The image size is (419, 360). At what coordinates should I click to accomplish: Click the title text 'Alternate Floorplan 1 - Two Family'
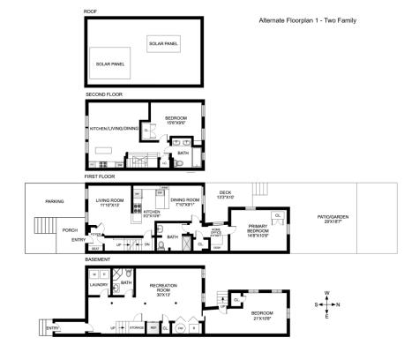tap(307, 19)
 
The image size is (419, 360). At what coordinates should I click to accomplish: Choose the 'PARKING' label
tap(55, 201)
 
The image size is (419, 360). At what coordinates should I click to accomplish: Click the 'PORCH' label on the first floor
tap(70, 230)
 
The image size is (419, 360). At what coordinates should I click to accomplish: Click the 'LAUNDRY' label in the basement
tap(98, 285)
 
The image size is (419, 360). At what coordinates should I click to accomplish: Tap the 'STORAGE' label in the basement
tap(137, 327)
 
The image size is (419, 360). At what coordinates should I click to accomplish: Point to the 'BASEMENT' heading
tap(97, 259)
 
